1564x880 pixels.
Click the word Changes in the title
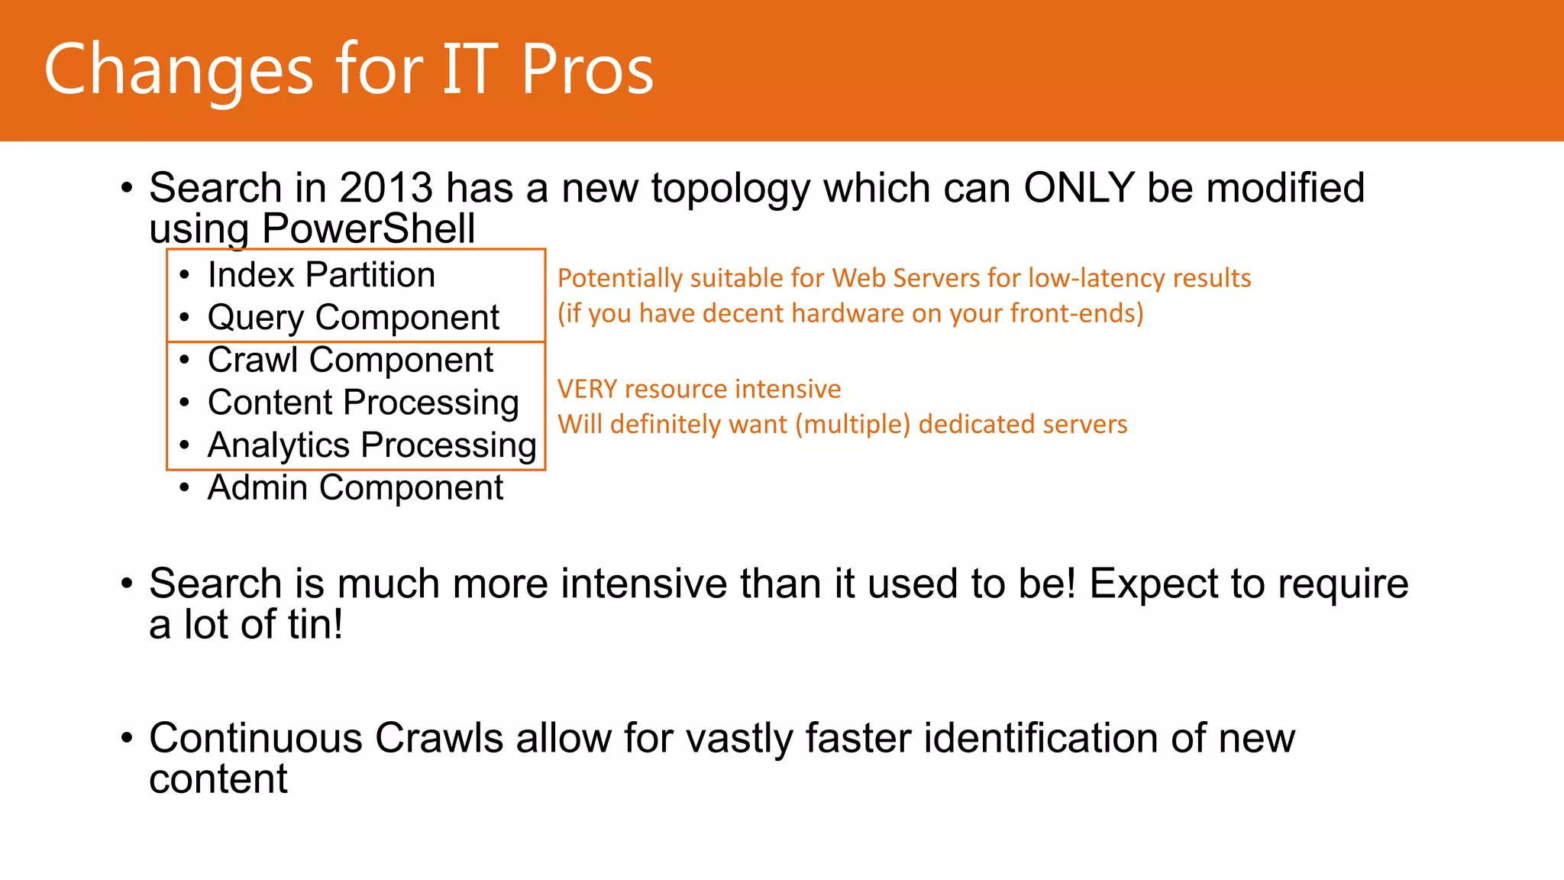click(x=178, y=70)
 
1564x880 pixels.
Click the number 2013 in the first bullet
click(x=386, y=188)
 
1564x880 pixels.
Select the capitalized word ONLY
click(x=1078, y=188)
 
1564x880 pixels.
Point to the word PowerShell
click(x=368, y=229)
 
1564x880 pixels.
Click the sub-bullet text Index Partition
click(x=321, y=275)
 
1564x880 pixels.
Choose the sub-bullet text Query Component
click(x=353, y=318)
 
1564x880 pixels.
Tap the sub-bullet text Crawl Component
click(x=350, y=360)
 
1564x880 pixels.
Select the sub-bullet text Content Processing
click(x=363, y=403)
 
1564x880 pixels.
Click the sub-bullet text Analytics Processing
click(x=371, y=445)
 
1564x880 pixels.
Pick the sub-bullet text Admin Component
click(x=355, y=487)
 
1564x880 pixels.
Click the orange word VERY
click(x=586, y=390)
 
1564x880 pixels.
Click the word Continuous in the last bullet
click(x=255, y=739)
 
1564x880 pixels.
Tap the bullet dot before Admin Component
click(x=184, y=488)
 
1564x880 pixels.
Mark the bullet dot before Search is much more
click(x=127, y=584)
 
